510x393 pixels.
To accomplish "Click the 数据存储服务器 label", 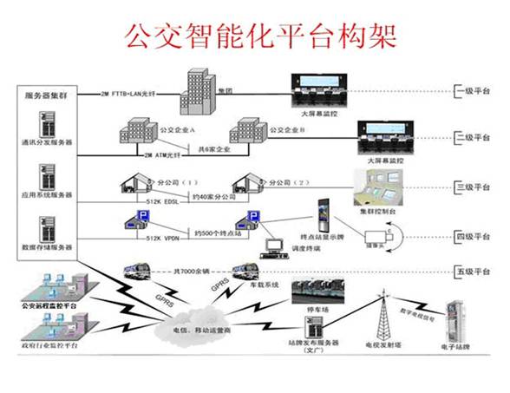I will [x=49, y=246].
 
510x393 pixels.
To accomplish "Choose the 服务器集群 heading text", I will [x=49, y=94].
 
